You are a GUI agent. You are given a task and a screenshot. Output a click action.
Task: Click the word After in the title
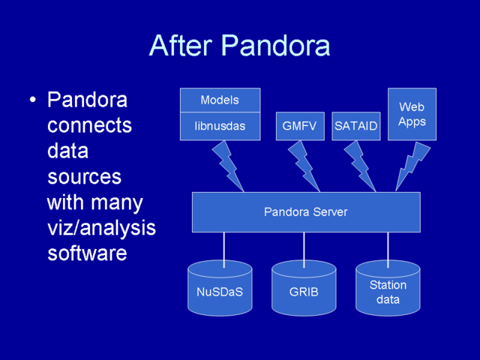coord(181,45)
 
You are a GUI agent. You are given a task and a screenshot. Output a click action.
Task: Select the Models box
coord(220,100)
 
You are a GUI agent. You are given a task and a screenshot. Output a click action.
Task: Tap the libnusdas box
coord(220,126)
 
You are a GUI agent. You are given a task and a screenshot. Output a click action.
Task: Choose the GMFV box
coord(300,126)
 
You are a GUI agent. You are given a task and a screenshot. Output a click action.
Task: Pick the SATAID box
coord(356,126)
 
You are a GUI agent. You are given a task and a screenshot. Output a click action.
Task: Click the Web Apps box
coord(412,114)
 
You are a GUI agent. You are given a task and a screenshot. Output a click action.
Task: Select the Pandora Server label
coord(306,211)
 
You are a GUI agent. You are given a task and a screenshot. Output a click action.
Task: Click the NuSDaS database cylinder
coord(220,288)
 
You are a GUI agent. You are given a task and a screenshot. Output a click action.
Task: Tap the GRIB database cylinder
coord(304,288)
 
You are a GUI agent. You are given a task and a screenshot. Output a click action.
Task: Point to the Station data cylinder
coord(388,288)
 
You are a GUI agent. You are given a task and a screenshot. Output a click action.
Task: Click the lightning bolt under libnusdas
coord(228,166)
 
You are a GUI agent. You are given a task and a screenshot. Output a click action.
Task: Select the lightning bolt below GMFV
coord(304,166)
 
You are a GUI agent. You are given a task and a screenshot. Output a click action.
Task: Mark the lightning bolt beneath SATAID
coord(360,166)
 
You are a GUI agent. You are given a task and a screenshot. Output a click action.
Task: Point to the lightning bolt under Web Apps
coord(411,166)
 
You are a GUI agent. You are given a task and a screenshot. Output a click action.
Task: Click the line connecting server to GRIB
coord(304,250)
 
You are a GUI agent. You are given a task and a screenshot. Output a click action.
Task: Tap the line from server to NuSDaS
coord(224,250)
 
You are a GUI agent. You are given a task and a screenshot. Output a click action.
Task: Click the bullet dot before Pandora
coord(33,100)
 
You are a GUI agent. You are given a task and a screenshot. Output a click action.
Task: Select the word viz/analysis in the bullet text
coord(102,228)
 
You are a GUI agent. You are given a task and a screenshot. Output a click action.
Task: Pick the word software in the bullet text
coord(87,253)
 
